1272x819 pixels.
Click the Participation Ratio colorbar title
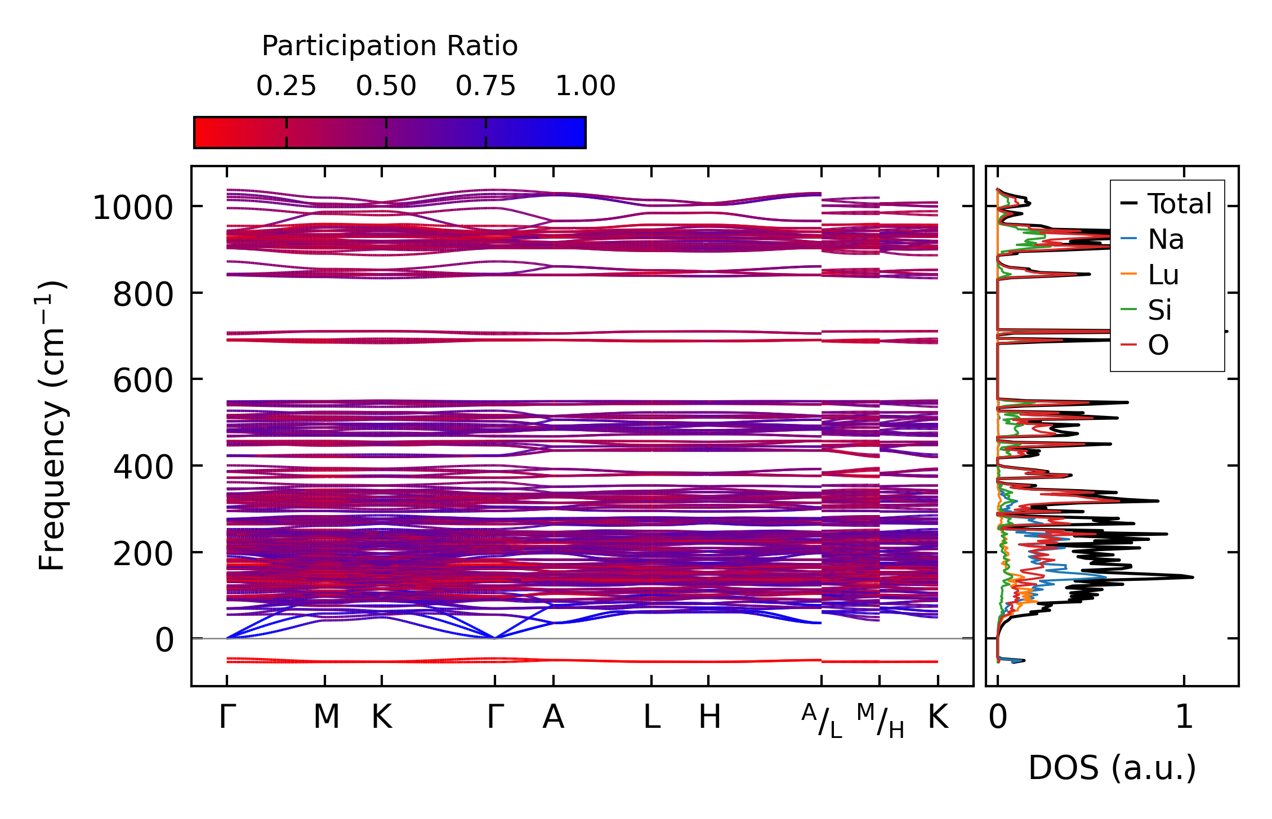390,46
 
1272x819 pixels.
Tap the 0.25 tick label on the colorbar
286,86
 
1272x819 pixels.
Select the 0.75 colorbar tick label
485,86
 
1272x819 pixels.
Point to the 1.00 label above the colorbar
585,86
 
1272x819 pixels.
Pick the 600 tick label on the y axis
142,381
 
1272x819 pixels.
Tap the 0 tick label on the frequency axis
164,640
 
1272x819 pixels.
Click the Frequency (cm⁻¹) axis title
52,426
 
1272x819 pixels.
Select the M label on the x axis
326,717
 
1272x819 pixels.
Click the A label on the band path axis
553,717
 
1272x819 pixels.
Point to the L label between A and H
651,717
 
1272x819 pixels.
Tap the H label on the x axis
709,717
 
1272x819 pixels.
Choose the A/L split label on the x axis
822,720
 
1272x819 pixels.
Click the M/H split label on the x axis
880,720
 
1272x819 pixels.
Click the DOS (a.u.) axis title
1112,768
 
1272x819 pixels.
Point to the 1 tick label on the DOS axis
1184,717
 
